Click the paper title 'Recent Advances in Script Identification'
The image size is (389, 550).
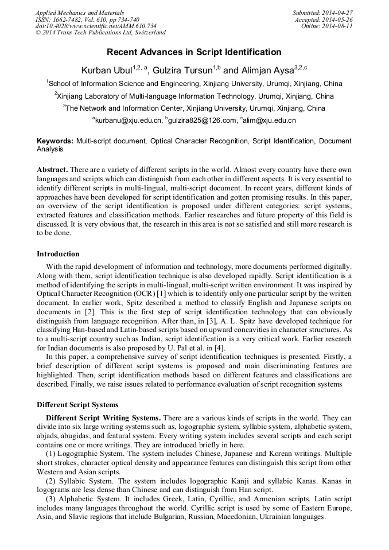click(194, 52)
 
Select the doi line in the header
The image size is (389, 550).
click(96, 26)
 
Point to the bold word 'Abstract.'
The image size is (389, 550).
click(53, 170)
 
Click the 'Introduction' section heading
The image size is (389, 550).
click(58, 254)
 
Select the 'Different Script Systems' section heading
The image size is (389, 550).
click(77, 405)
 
